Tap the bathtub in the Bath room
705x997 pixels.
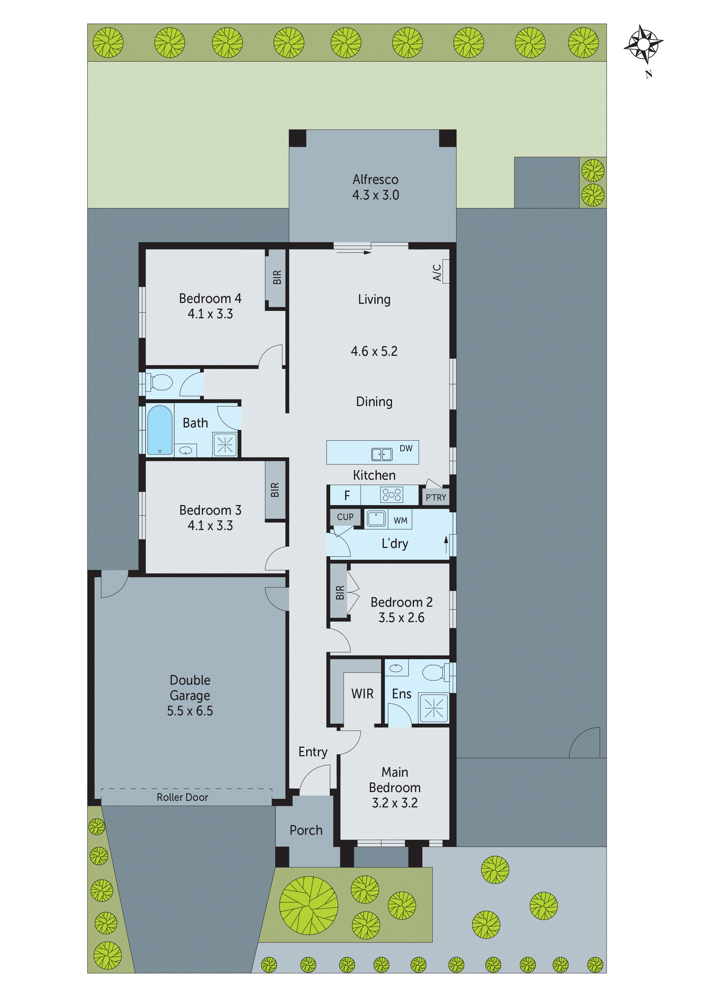pyautogui.click(x=159, y=430)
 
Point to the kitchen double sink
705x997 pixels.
pyautogui.click(x=382, y=454)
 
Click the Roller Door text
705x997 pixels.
pyautogui.click(x=183, y=797)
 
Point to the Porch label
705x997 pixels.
pyautogui.click(x=306, y=830)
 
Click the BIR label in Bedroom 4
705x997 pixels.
pyautogui.click(x=277, y=277)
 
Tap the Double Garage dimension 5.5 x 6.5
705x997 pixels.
pyautogui.click(x=190, y=711)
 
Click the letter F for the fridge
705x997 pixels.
pyautogui.click(x=347, y=495)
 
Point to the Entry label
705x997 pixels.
pyautogui.click(x=313, y=752)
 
